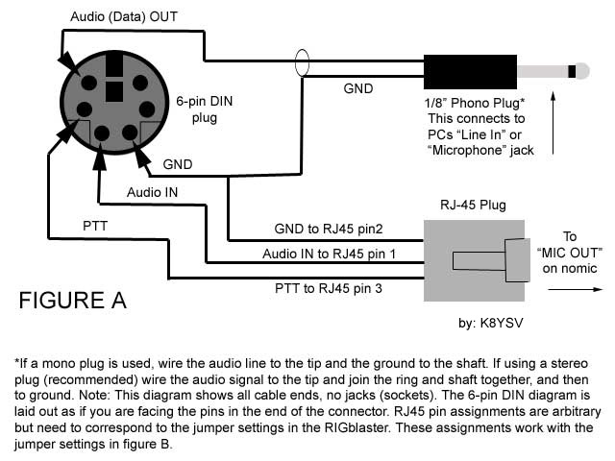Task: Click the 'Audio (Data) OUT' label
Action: click(124, 17)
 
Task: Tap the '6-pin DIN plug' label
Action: click(205, 109)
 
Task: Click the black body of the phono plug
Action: click(470, 72)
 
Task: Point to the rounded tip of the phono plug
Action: click(583, 71)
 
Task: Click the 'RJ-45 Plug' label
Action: click(473, 205)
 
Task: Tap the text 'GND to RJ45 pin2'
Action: click(329, 229)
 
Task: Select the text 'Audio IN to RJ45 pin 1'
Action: click(329, 254)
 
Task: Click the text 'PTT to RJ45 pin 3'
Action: click(329, 288)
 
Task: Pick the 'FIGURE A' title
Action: click(73, 301)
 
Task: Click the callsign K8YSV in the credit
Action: click(502, 323)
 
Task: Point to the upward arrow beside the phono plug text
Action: click(553, 123)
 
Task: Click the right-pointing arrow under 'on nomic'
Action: click(575, 289)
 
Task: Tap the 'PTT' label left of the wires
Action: click(95, 227)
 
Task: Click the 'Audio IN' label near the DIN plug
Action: click(152, 192)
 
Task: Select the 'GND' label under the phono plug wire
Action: click(358, 88)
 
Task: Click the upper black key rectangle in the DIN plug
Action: click(114, 64)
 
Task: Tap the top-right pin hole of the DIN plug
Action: click(140, 84)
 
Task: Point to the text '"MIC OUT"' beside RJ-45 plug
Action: click(570, 253)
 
